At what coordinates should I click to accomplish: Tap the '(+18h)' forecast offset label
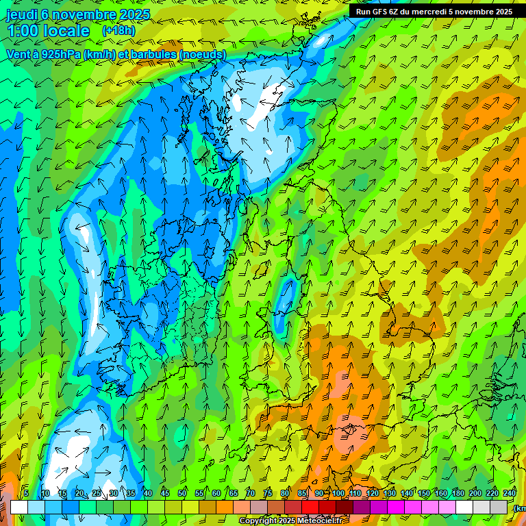[x=118, y=31]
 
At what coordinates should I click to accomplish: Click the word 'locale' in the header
[x=66, y=31]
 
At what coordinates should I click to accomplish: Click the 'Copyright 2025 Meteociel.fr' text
[x=290, y=521]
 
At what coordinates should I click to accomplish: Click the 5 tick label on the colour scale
[x=26, y=494]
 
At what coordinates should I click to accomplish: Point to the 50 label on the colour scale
[x=182, y=494]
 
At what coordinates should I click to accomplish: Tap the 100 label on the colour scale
[x=338, y=494]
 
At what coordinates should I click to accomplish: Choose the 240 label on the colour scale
[x=510, y=494]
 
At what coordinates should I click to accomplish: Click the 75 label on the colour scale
[x=268, y=494]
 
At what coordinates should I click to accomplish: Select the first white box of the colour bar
[x=18, y=507]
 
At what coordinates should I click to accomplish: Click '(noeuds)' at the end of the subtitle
[x=203, y=54]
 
